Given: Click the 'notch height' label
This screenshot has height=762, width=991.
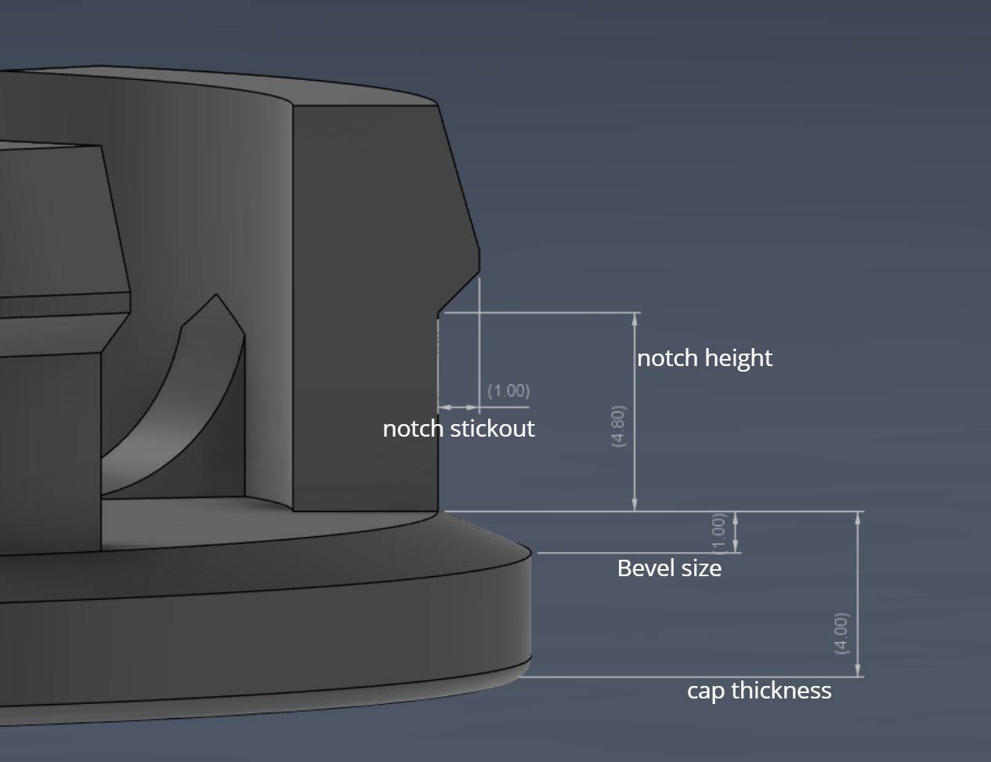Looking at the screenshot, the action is (x=704, y=358).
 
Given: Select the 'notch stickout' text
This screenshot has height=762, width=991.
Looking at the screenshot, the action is (x=458, y=429).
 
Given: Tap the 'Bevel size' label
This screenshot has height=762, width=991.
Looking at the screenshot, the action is (x=670, y=568).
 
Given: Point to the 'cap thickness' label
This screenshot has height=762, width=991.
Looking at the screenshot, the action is (x=759, y=691).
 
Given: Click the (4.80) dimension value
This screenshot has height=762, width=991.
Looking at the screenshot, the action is (x=618, y=426).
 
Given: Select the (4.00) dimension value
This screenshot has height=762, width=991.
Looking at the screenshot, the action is (x=841, y=633).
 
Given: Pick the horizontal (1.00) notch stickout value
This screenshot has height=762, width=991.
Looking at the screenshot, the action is (x=508, y=390).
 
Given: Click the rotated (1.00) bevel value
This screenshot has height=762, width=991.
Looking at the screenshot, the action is (x=718, y=533).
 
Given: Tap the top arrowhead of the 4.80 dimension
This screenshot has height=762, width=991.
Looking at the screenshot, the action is (x=635, y=319).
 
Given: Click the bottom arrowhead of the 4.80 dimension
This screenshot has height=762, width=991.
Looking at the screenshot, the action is (x=635, y=505).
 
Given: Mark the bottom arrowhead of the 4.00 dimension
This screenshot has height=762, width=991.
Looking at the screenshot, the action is (x=857, y=670).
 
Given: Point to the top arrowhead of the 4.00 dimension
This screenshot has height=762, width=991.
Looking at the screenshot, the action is (x=857, y=518).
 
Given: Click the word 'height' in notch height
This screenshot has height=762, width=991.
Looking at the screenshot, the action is (x=738, y=358).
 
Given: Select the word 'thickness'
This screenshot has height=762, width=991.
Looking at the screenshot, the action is (x=781, y=690).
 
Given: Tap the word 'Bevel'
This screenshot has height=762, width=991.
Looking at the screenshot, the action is (x=639, y=568).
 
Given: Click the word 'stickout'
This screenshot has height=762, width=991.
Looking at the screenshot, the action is (x=492, y=429).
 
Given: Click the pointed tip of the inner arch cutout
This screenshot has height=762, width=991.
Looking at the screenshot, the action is (x=216, y=295).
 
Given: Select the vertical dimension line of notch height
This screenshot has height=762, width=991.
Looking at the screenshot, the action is (x=635, y=412).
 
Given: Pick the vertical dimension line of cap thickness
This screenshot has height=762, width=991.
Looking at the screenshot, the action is (x=857, y=594).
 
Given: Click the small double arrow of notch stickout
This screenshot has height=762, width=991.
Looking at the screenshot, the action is (x=458, y=407).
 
